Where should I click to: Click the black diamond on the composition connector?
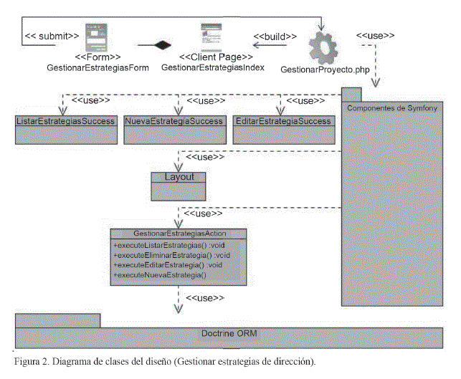click(165, 45)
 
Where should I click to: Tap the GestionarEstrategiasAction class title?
click(179, 234)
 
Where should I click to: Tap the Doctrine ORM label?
click(229, 335)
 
